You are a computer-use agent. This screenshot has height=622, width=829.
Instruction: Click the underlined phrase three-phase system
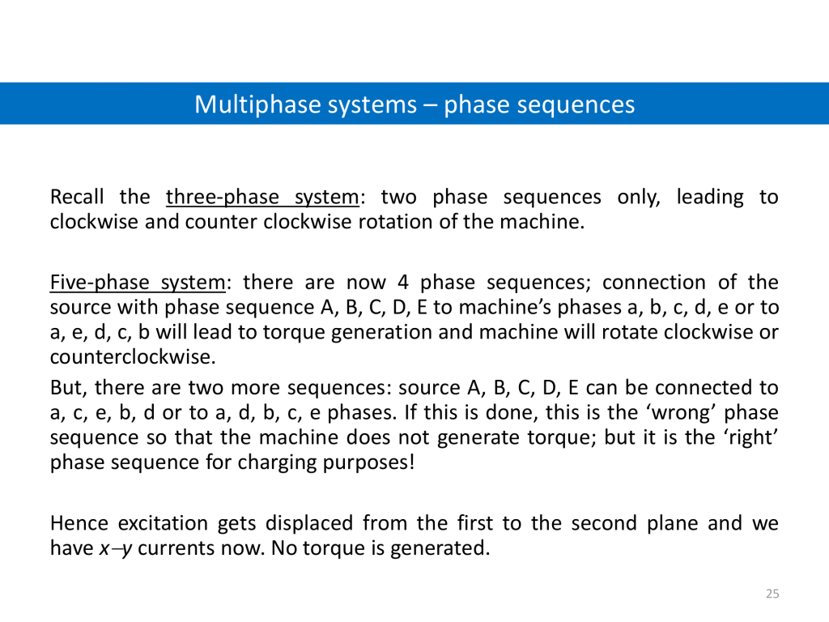[x=262, y=198]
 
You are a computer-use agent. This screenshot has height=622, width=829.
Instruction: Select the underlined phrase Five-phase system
[x=138, y=283]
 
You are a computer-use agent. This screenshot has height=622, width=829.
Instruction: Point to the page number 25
[x=772, y=594]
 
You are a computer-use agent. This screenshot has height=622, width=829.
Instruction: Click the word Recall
[x=77, y=197]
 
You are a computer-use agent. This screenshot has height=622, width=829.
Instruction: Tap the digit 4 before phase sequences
[x=403, y=282]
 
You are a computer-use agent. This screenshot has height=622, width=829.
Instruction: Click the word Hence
[x=79, y=523]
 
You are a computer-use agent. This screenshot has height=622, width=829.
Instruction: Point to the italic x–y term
[x=115, y=548]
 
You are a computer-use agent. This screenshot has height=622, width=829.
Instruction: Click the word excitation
[x=163, y=523]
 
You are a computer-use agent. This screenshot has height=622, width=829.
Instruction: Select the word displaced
[x=309, y=524]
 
